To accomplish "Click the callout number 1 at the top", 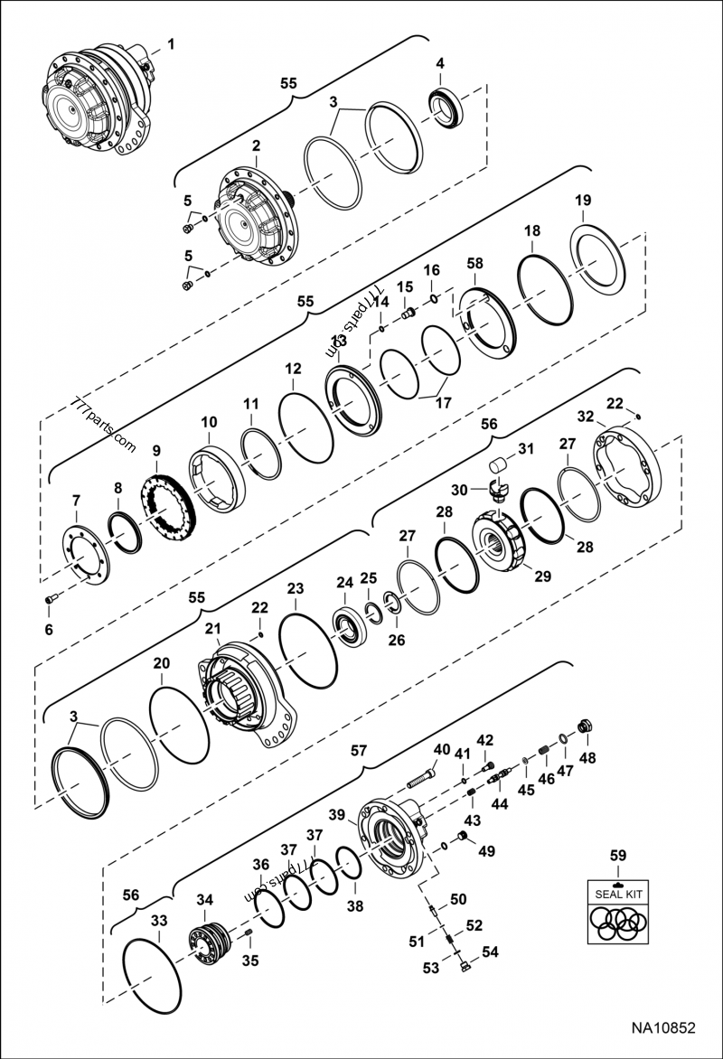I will (172, 43).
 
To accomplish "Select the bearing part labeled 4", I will (444, 108).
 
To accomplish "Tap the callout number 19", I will (583, 200).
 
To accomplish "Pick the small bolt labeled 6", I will (50, 598).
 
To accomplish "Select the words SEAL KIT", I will (618, 894).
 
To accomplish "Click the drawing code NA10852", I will (663, 1027).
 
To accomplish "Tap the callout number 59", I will (618, 854).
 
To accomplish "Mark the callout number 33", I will (159, 921).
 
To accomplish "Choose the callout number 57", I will (360, 750).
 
